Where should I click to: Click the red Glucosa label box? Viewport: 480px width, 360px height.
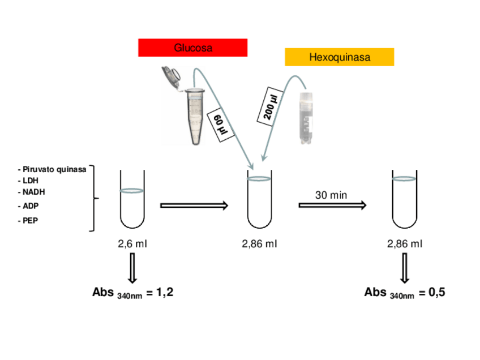[192, 48]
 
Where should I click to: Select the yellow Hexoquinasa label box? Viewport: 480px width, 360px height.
[339, 57]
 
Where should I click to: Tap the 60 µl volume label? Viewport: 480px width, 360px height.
[221, 125]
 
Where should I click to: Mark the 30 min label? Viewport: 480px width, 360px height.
[331, 195]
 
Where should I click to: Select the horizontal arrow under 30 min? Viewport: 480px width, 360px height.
[332, 205]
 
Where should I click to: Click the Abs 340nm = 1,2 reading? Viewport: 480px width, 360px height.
[132, 293]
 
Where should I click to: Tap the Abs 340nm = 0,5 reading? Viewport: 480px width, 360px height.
[405, 293]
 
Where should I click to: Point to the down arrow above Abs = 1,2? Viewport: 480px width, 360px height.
[132, 267]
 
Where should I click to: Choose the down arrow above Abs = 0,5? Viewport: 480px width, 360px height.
[405, 267]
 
